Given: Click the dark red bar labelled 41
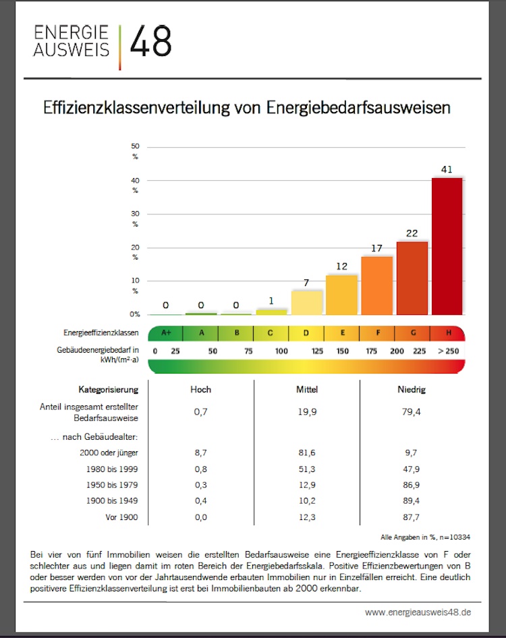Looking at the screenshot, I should point(447,246).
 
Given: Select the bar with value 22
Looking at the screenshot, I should point(412,278).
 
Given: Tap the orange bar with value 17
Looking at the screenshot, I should point(376,285).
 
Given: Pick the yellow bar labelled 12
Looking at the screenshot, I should point(341,295).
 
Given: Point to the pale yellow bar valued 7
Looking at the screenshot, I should point(306,302).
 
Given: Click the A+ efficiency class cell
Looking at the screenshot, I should point(166,333).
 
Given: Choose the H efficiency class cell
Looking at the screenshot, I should point(448,333).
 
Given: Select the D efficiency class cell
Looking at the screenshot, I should point(306,333).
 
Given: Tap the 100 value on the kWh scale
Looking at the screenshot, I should point(281,351).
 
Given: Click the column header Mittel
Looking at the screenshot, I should point(307,389).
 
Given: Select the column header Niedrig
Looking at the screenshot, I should point(412,389).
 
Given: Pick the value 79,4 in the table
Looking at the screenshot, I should point(412,412).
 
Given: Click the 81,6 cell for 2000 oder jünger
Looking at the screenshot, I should point(307,453).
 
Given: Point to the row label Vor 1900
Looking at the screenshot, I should point(121,517).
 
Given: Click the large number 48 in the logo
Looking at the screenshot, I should point(150,42).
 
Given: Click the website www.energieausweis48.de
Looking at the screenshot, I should point(418,612).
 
